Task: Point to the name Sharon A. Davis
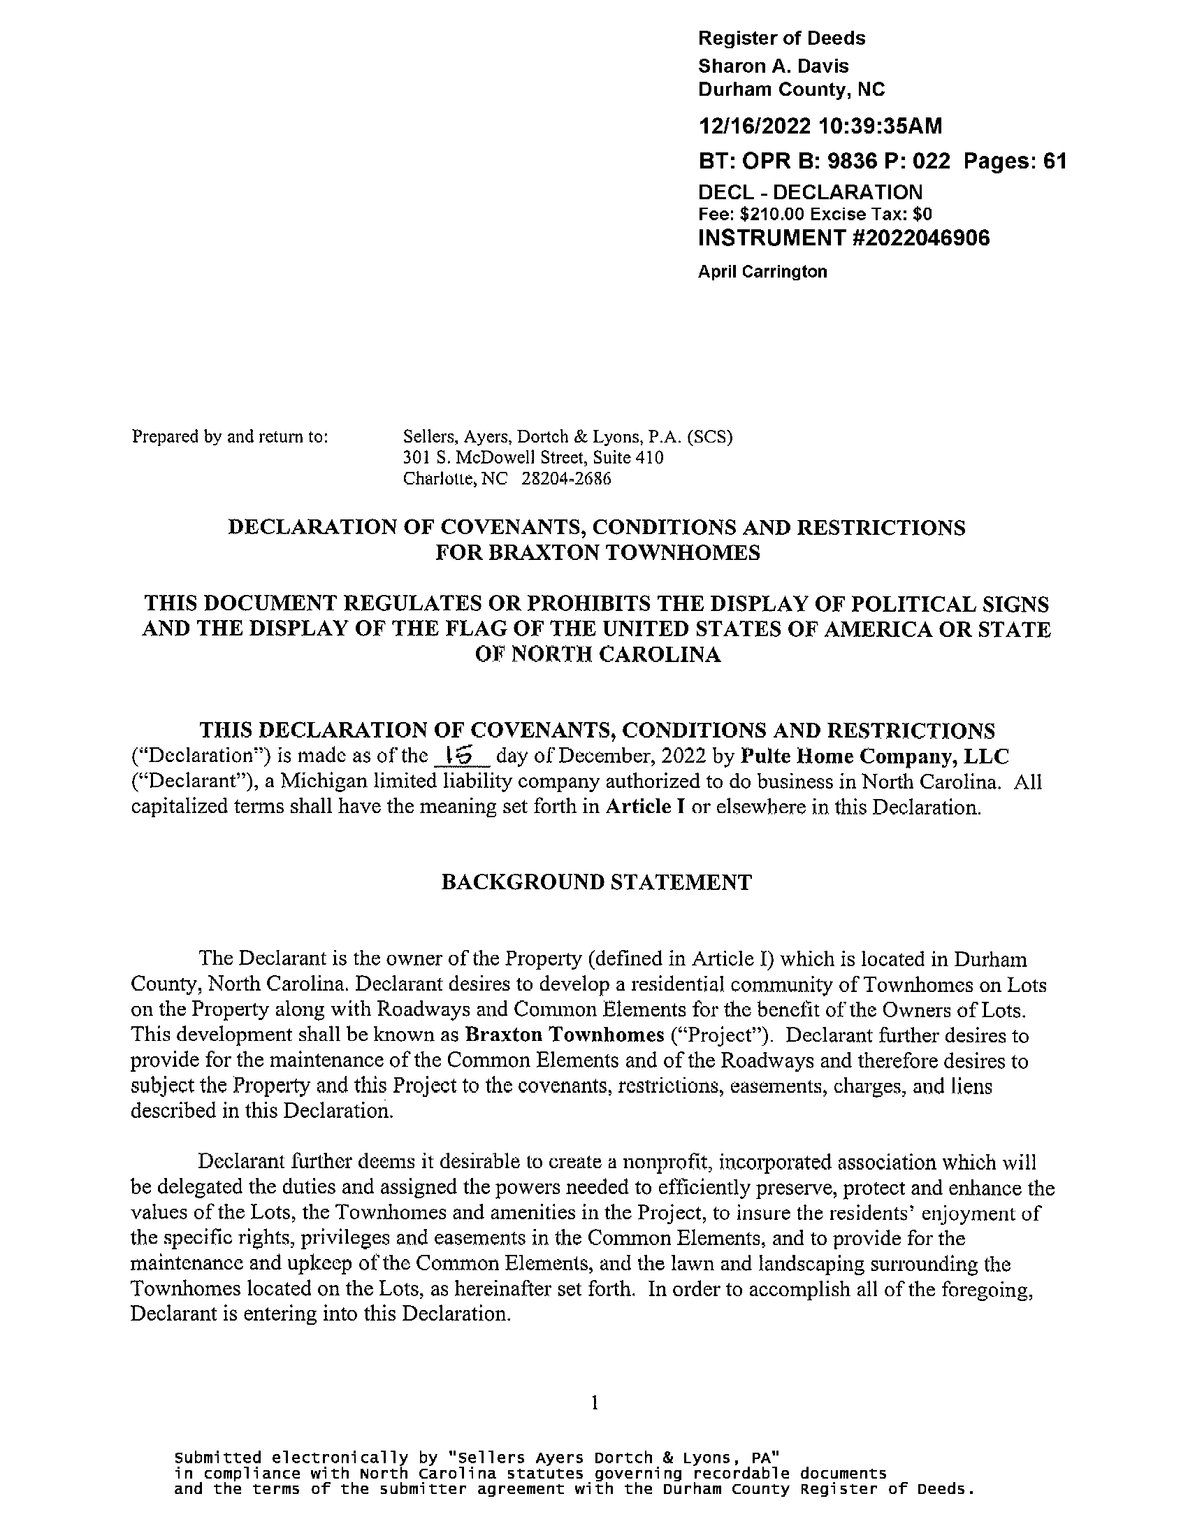click(773, 66)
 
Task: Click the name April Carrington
click(762, 272)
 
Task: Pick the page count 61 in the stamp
click(1054, 162)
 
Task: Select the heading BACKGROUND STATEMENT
click(596, 882)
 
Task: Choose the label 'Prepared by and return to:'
click(229, 437)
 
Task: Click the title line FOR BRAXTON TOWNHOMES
click(597, 553)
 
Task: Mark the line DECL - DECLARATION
click(809, 192)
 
